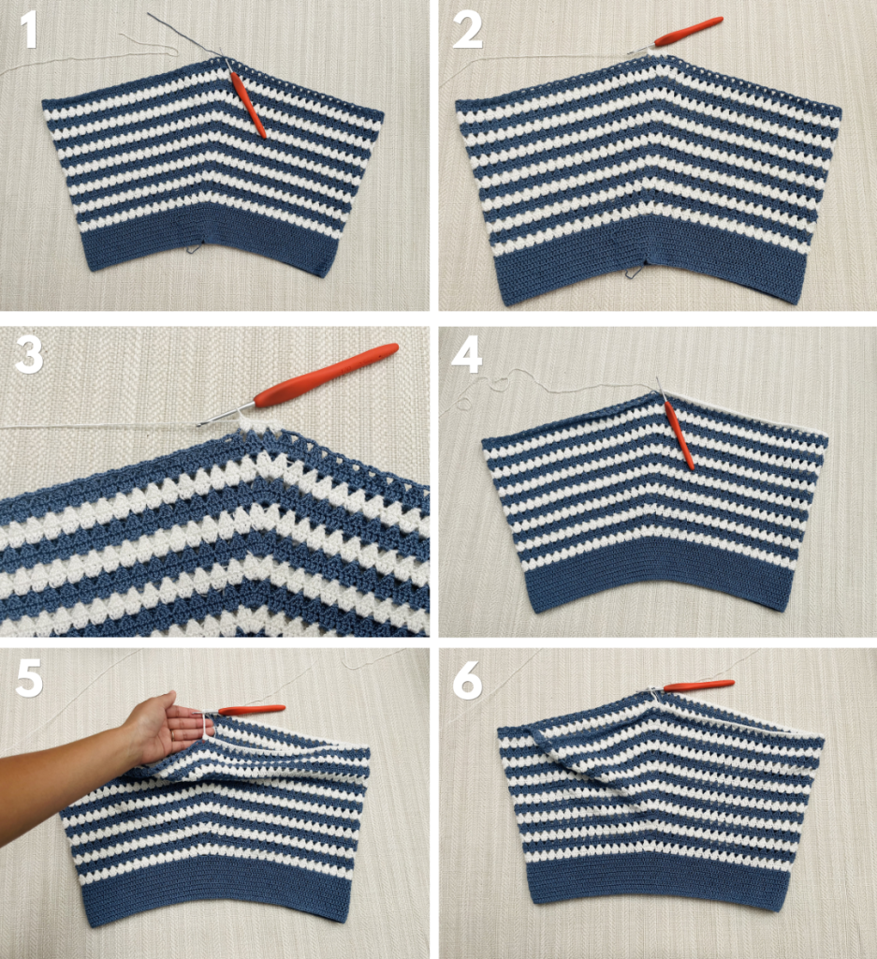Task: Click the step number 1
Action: click(29, 31)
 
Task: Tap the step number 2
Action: click(467, 32)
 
